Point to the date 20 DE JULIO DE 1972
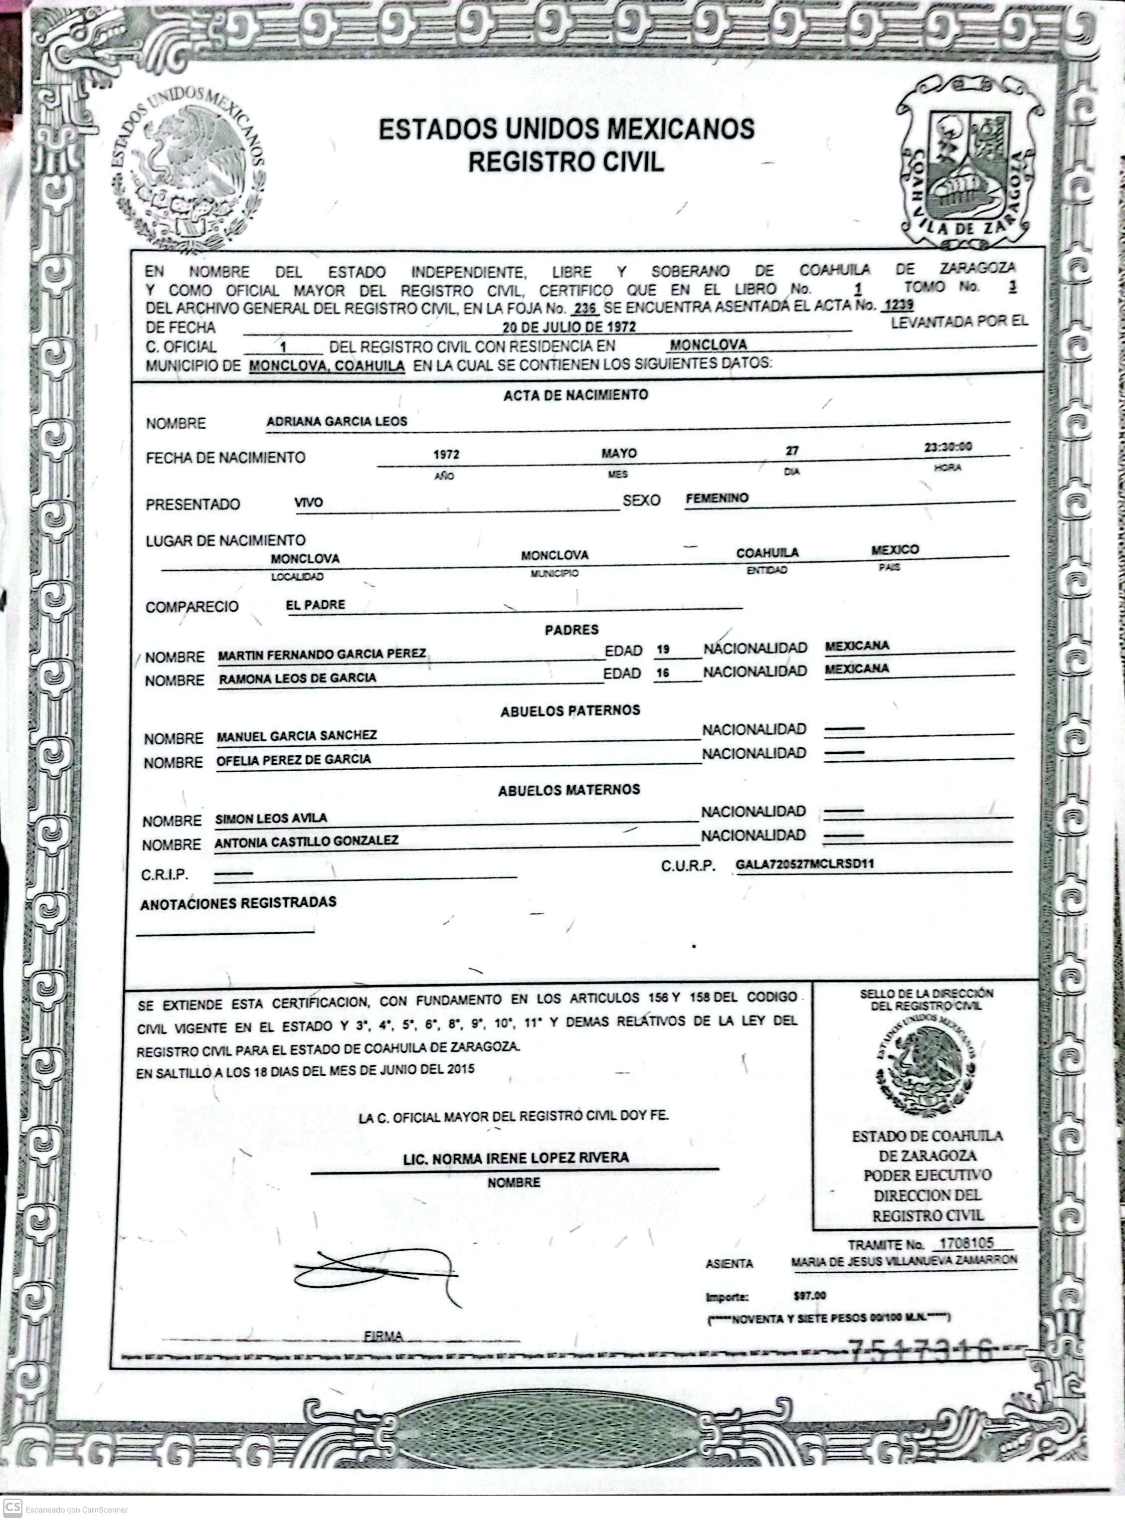click(574, 326)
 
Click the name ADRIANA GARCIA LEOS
click(337, 421)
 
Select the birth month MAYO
click(618, 453)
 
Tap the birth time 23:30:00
click(947, 447)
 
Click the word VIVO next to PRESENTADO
click(309, 503)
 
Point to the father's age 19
click(663, 650)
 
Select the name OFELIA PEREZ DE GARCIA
click(294, 759)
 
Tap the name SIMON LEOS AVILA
click(271, 819)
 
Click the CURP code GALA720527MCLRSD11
click(805, 864)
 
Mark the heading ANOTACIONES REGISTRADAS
click(238, 903)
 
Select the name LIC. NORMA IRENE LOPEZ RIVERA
click(516, 1158)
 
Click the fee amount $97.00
click(810, 1296)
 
